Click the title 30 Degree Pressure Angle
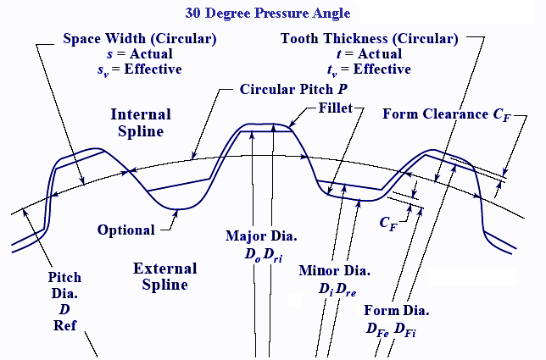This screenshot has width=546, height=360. [x=268, y=14]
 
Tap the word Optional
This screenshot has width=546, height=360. [x=125, y=230]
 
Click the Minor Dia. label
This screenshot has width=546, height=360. [x=334, y=271]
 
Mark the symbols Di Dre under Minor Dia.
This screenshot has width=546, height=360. [x=335, y=289]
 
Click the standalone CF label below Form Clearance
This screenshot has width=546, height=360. [x=389, y=224]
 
